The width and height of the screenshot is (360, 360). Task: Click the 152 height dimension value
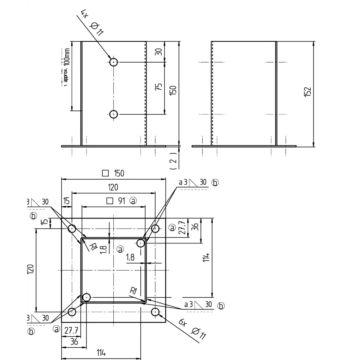coord(307,92)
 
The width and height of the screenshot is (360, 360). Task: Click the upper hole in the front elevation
coord(114,62)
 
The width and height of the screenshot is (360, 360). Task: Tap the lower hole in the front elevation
coord(114,114)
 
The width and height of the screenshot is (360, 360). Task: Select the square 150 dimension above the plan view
coord(113,173)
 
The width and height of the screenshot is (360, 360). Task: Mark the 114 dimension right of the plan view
coord(206,258)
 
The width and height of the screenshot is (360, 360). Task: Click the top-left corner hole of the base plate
coord(72,229)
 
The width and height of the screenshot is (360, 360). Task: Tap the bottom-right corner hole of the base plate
coord(156,312)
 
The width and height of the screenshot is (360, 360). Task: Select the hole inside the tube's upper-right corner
coord(141,243)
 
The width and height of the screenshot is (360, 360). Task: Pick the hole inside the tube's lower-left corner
coord(86,297)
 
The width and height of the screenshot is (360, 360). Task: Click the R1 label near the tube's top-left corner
coord(93,247)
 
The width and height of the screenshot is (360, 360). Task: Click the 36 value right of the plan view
coord(195,227)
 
